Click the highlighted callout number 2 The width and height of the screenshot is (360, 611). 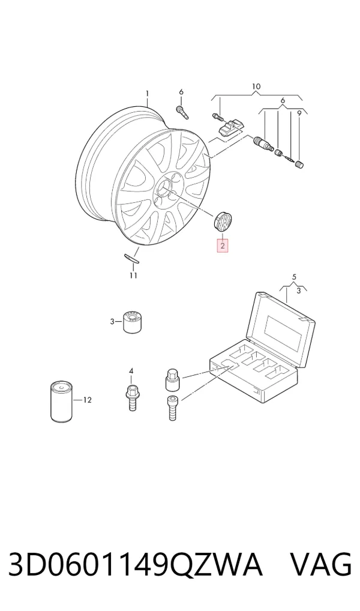[x=222, y=246]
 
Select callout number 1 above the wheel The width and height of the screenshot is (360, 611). [x=147, y=94]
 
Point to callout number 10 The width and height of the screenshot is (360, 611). [x=256, y=86]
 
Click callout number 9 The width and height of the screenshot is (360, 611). [x=299, y=113]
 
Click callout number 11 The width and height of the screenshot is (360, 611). [x=133, y=275]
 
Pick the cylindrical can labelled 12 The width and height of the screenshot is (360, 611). [x=62, y=402]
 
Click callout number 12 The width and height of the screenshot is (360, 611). [x=87, y=400]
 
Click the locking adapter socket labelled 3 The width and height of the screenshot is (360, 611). [x=132, y=322]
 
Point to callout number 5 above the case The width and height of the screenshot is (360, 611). [x=294, y=277]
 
